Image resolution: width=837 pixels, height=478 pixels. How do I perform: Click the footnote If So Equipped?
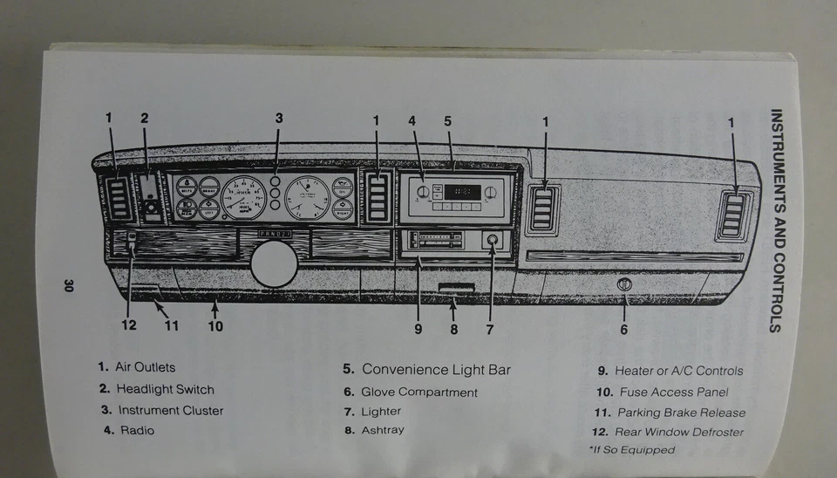[633, 450]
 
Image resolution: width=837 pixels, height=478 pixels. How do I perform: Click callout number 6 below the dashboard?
[624, 329]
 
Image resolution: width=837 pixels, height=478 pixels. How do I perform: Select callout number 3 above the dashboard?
[279, 118]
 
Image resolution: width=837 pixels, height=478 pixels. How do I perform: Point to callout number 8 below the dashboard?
[454, 329]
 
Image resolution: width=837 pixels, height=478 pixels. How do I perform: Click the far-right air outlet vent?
[732, 215]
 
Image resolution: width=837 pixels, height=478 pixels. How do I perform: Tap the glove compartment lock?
[624, 284]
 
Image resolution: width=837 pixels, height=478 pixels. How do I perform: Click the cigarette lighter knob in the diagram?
[491, 241]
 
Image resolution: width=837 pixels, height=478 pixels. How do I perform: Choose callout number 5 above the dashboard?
[447, 121]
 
